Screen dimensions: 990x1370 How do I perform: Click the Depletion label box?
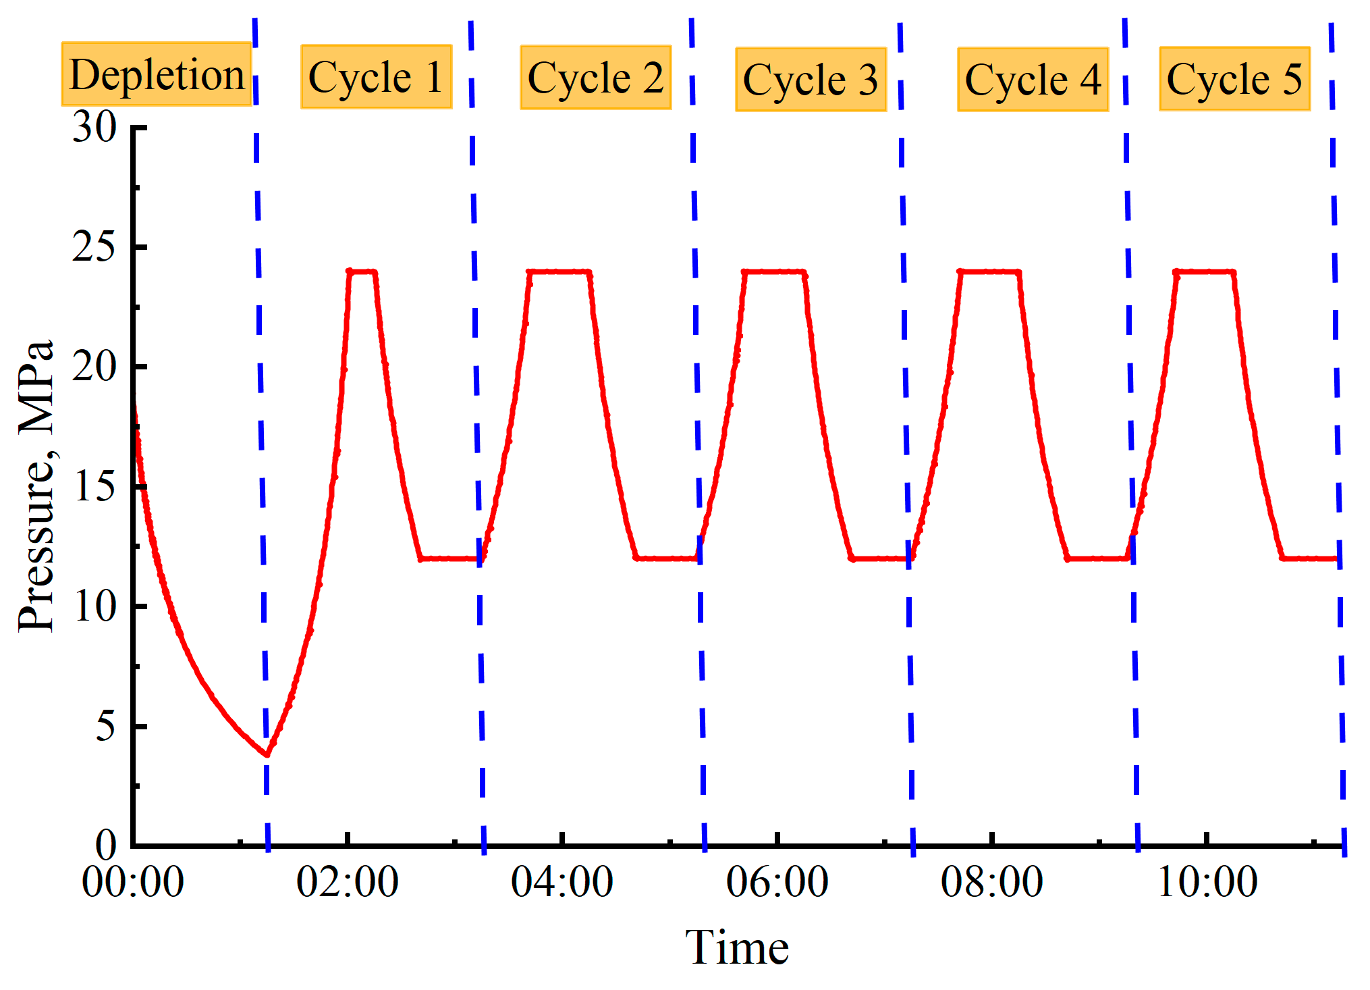coord(157,74)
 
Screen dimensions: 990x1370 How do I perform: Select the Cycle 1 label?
coord(376,77)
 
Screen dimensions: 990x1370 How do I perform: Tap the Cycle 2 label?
coord(595,78)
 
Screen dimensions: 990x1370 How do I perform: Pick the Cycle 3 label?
coord(811,80)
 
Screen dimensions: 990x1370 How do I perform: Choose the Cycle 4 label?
coord(1033,80)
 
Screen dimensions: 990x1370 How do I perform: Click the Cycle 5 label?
coord(1234,79)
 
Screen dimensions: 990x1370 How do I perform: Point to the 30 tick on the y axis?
coord(94,127)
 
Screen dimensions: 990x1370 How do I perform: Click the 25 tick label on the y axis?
coord(94,247)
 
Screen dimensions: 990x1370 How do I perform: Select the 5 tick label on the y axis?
coord(105,727)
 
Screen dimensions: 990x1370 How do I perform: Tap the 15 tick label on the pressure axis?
coord(94,487)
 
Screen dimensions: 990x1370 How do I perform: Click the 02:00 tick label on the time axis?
coord(347,882)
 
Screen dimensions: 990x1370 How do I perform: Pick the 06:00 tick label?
coord(777,882)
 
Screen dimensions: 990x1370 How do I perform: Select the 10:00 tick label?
coord(1207,882)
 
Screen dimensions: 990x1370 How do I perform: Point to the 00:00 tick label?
coord(133,882)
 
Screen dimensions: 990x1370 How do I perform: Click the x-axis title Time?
coord(736,947)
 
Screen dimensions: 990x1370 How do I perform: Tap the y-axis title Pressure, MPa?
coord(35,486)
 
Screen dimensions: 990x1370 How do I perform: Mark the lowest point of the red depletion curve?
coord(267,754)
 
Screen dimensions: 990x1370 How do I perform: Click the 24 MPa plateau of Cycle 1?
coord(362,271)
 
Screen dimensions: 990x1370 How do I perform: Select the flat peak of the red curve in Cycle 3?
coord(774,271)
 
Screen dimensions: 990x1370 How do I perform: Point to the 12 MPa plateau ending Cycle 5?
coord(1309,558)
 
